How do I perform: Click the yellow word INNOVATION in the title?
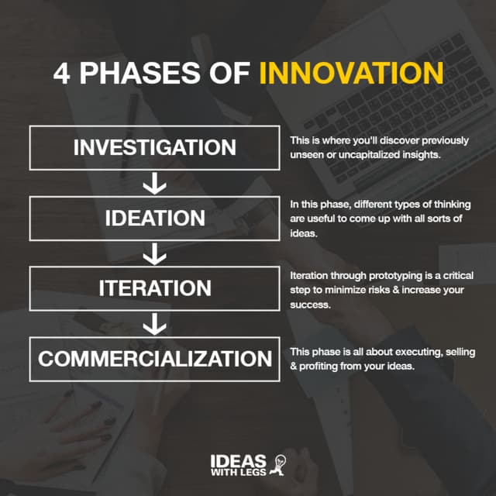coord(351,73)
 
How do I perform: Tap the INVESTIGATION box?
coord(155,147)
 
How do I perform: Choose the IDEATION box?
coord(155,218)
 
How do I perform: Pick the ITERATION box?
coord(155,288)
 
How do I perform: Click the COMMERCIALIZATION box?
coord(155,359)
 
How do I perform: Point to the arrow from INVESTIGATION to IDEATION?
coord(155,183)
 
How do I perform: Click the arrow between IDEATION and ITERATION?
coord(155,253)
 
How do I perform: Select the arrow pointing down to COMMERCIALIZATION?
coord(155,324)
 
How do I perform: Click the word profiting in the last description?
coord(322,367)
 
